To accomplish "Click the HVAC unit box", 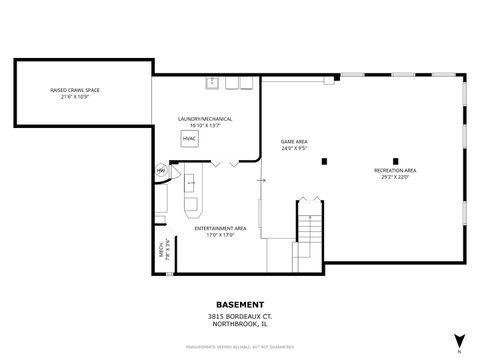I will pos(189,138).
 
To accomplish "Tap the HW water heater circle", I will pos(160,172).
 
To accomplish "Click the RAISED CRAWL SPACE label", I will pos(74,90).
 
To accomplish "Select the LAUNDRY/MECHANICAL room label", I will pos(205,119).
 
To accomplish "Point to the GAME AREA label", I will pos(294,142).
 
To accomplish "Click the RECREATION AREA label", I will pos(395,171).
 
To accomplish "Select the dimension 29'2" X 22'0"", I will pos(395,177).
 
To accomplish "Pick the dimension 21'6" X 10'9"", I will pos(74,96).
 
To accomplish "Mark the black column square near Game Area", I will pos(323,160).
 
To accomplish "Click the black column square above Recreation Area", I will pos(395,160).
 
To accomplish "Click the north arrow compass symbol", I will pos(458,340).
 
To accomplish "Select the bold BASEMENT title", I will pos(240,304).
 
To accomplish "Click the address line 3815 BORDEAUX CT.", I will pos(240,315).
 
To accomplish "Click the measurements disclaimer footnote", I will pos(240,348).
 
